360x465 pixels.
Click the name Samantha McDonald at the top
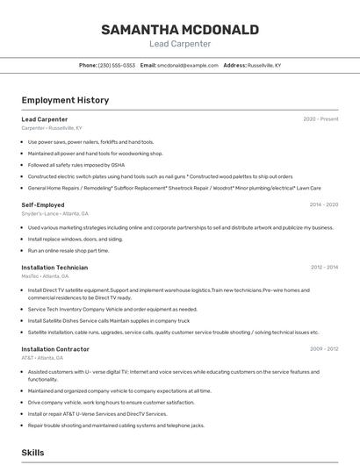click(179, 30)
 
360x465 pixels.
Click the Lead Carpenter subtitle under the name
click(179, 43)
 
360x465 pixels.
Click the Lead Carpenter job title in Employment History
click(44, 118)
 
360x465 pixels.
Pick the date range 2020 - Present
click(320, 118)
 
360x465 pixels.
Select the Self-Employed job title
click(43, 204)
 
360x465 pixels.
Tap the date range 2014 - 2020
click(324, 204)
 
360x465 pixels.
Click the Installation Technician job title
click(54, 267)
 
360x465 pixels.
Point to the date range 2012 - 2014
click(324, 267)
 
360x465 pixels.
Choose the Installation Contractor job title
click(55, 348)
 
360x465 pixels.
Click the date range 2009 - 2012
click(324, 348)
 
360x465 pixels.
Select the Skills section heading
click(32, 452)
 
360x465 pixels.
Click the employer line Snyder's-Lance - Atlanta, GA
click(54, 213)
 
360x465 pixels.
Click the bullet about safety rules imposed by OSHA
click(76, 164)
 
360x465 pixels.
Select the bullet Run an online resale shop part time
click(68, 250)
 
